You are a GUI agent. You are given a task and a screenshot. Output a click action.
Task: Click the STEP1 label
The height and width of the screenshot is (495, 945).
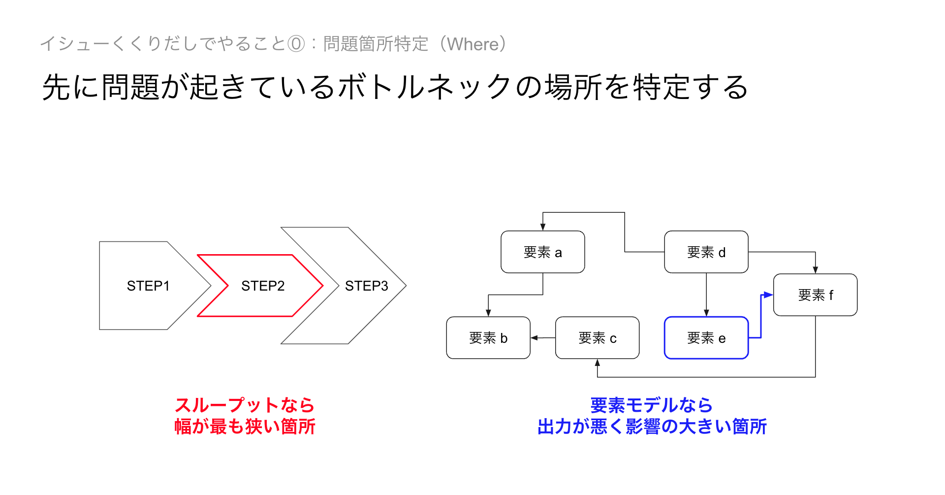(x=148, y=286)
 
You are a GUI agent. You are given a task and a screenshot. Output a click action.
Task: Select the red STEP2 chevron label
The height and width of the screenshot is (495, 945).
(x=263, y=286)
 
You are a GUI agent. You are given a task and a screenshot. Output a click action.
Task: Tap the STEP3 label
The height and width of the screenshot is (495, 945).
(x=367, y=286)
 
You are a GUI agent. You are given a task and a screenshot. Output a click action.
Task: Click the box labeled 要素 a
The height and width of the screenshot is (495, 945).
(x=542, y=252)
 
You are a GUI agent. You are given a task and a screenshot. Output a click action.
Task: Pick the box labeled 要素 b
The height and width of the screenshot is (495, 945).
(x=488, y=338)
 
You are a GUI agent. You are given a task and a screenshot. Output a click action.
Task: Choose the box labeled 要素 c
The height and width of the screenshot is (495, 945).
(x=597, y=338)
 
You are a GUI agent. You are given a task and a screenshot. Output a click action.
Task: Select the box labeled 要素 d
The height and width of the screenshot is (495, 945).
(x=706, y=252)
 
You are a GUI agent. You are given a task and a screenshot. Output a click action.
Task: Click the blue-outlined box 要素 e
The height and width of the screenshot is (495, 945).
(x=706, y=338)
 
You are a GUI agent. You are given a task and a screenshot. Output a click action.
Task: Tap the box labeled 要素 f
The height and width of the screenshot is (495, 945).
(x=815, y=295)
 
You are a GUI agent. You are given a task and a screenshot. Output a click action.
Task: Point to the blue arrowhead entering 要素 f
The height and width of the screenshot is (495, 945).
(x=768, y=295)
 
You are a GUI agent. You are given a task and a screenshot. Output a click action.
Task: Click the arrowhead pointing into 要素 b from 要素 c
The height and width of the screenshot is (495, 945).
(x=535, y=338)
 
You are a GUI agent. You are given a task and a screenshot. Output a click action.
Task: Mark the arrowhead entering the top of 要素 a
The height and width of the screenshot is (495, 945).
(x=543, y=227)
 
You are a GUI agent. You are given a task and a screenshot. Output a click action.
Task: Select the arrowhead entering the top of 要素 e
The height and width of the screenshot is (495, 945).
(x=706, y=313)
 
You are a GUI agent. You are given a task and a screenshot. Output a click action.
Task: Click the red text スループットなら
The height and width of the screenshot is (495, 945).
(x=245, y=405)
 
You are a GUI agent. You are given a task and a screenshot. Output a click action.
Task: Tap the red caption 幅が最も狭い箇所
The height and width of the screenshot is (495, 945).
(x=245, y=427)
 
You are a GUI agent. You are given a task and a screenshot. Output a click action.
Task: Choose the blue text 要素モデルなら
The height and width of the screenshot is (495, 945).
(x=652, y=405)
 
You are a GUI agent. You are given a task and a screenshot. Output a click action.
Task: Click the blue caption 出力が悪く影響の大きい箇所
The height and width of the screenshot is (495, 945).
(x=652, y=427)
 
